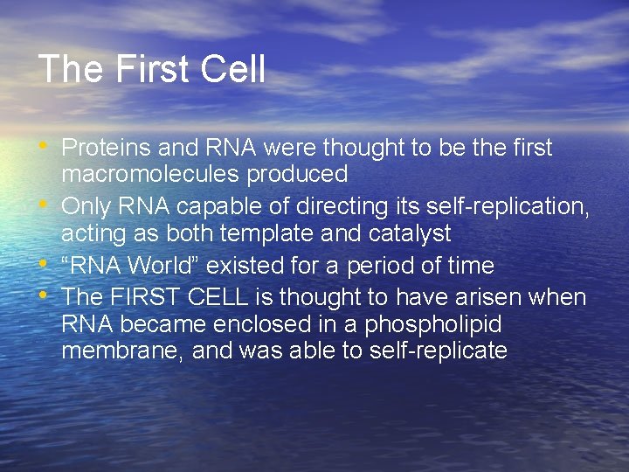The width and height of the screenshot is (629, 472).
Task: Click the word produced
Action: (x=297, y=174)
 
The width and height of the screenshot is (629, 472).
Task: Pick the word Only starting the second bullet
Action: (x=86, y=207)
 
